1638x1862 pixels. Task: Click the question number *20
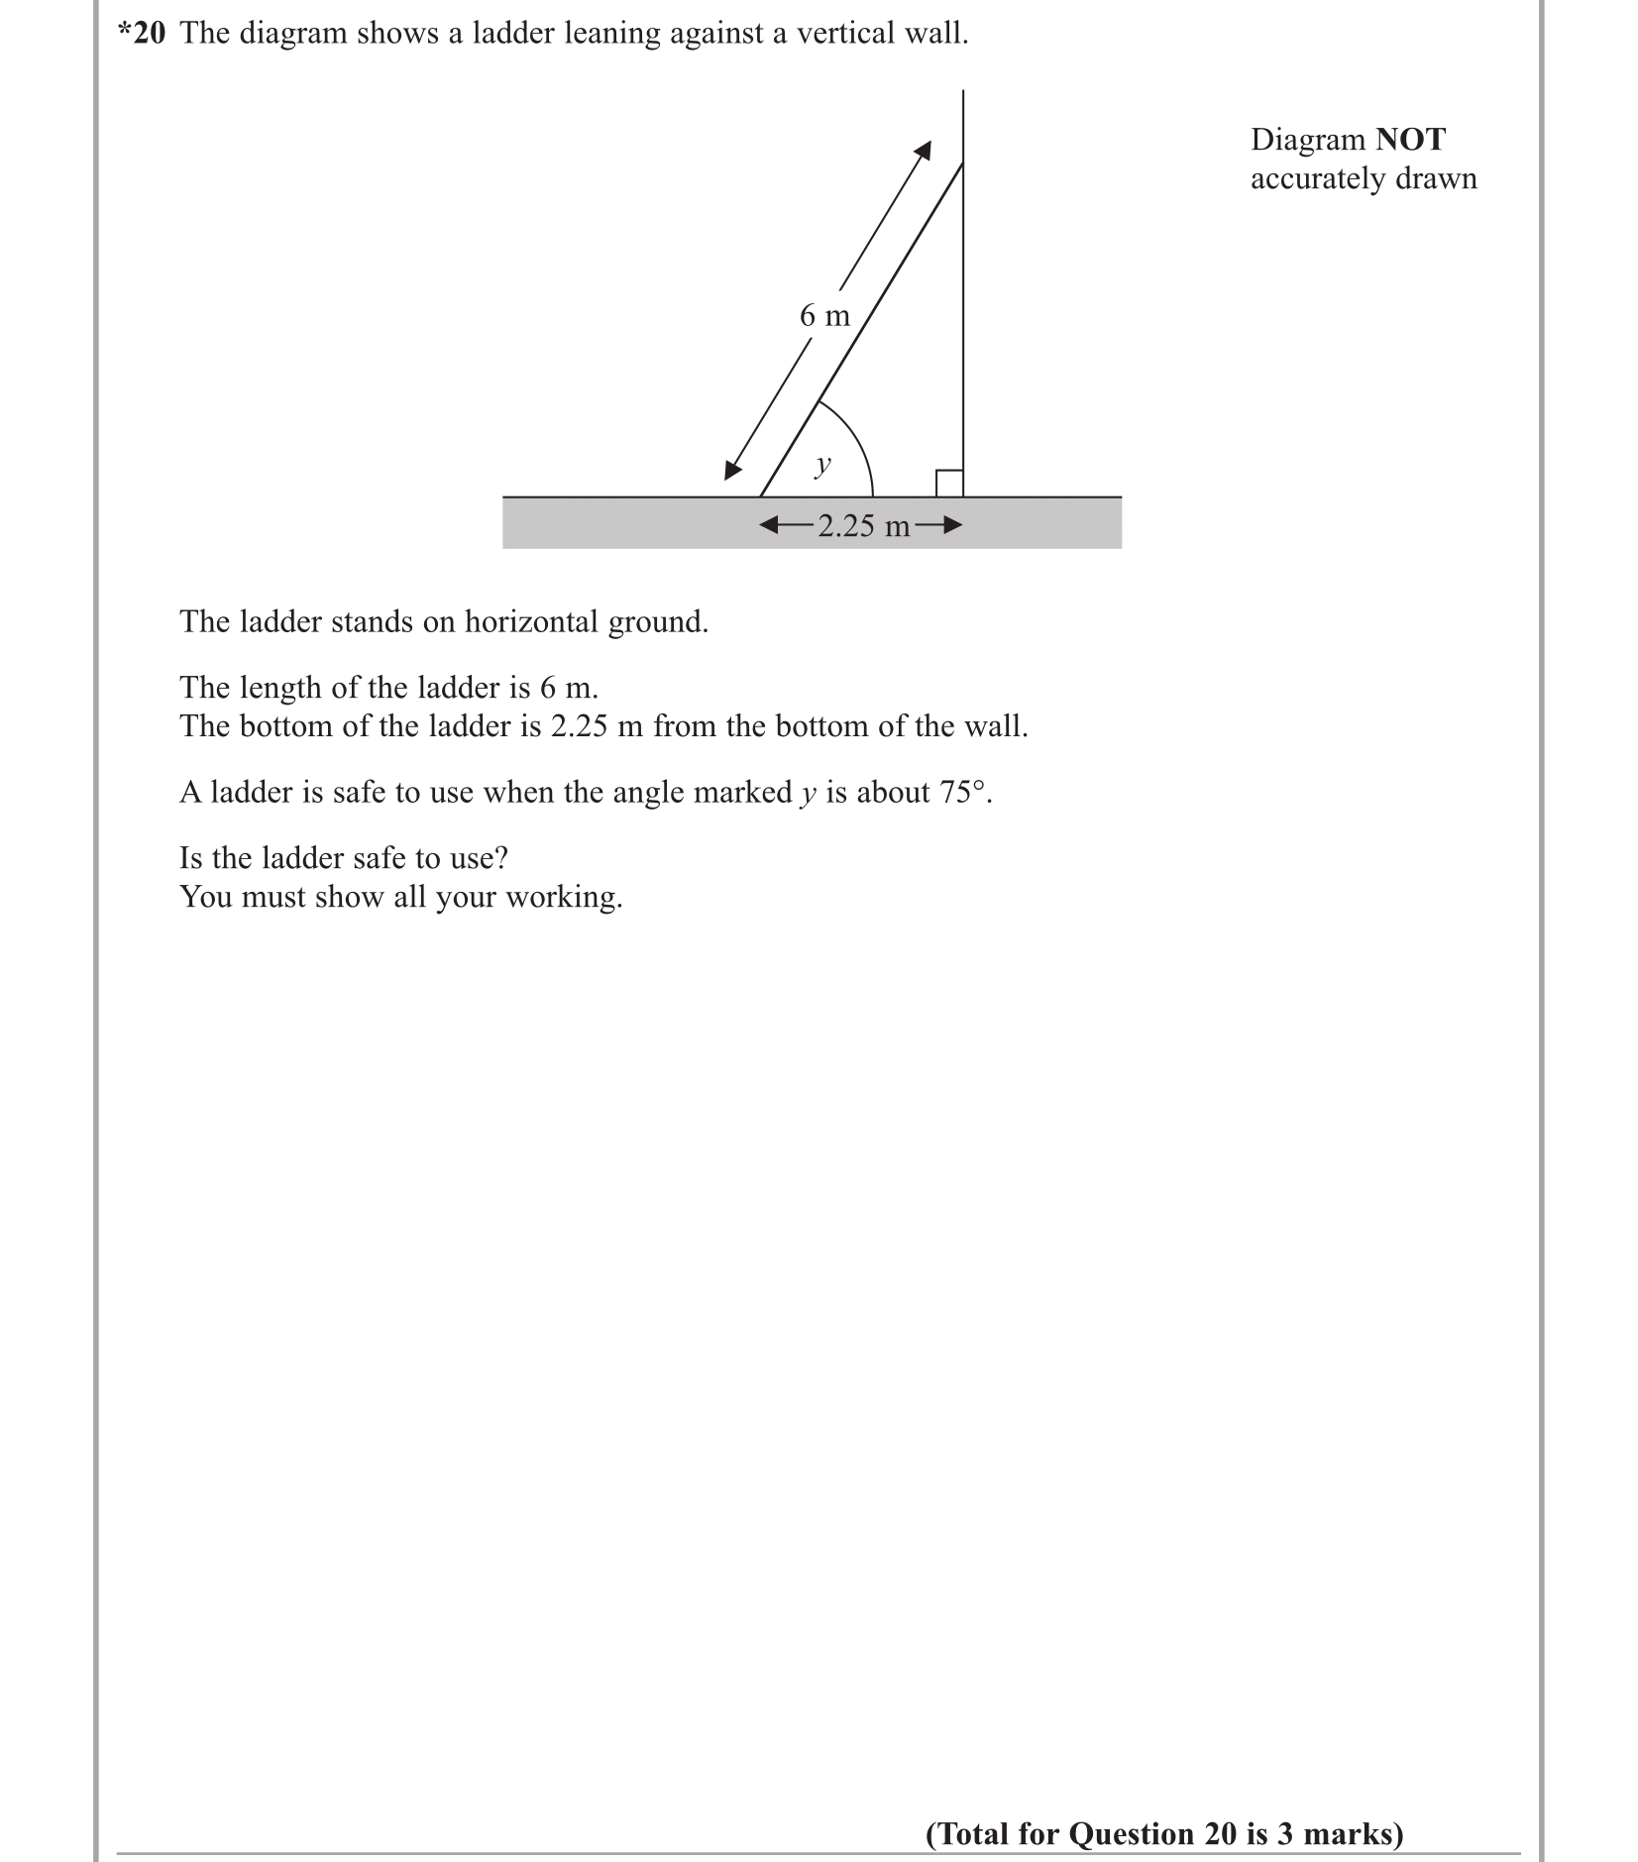(142, 34)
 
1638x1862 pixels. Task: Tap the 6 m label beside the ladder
(824, 316)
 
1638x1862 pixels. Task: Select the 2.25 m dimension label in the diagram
(863, 526)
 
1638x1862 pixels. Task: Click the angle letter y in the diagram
(821, 464)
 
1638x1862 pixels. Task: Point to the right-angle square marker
(949, 484)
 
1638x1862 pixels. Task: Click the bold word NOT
(1410, 140)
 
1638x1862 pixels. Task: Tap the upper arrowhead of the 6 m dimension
(923, 150)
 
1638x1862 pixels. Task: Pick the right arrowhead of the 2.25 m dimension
(952, 525)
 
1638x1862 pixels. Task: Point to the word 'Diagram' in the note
(1308, 140)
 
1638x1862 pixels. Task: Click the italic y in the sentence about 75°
(808, 794)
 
